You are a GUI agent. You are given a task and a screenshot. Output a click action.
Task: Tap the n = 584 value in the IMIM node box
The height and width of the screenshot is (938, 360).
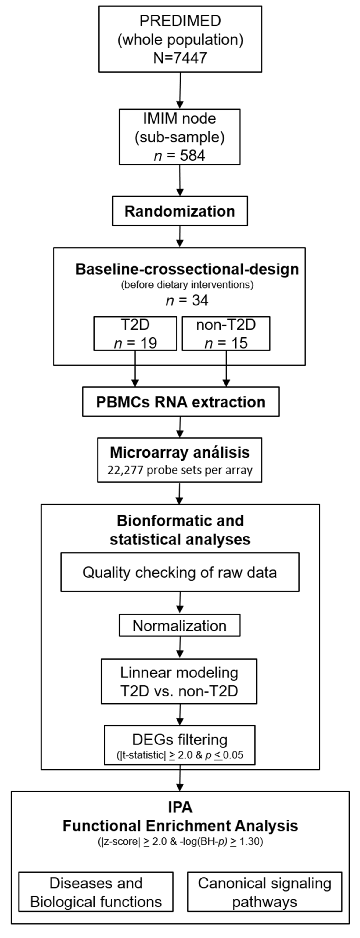[x=180, y=156]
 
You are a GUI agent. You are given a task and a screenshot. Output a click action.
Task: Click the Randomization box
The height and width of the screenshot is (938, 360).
[x=180, y=211]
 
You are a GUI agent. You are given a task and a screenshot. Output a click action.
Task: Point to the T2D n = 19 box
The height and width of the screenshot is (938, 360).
[x=135, y=334]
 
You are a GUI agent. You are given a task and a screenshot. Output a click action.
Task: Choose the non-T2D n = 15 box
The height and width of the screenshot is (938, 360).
[x=226, y=334]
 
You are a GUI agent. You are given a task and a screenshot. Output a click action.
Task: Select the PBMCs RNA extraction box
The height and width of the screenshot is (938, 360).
[x=180, y=402]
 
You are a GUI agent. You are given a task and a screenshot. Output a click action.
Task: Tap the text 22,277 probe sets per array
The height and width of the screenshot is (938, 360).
[x=180, y=470]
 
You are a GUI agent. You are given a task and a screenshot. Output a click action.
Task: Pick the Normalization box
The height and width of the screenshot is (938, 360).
[x=180, y=626]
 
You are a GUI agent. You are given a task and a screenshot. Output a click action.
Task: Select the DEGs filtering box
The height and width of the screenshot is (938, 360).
[x=180, y=745]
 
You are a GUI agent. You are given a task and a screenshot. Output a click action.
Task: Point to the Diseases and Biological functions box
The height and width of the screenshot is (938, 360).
[x=96, y=892]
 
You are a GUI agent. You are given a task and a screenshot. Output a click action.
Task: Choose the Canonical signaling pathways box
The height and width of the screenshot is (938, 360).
[x=265, y=892]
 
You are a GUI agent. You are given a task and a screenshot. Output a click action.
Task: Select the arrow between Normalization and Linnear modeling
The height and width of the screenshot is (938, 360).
[x=180, y=647]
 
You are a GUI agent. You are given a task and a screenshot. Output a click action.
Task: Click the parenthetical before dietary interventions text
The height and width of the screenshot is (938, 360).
[x=187, y=285]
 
